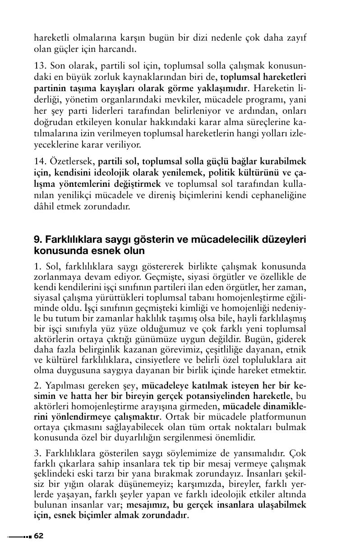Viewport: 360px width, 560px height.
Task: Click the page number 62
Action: pos(39,536)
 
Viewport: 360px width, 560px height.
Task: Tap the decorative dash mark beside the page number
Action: pos(19,536)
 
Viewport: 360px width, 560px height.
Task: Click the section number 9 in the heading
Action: pos(37,239)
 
